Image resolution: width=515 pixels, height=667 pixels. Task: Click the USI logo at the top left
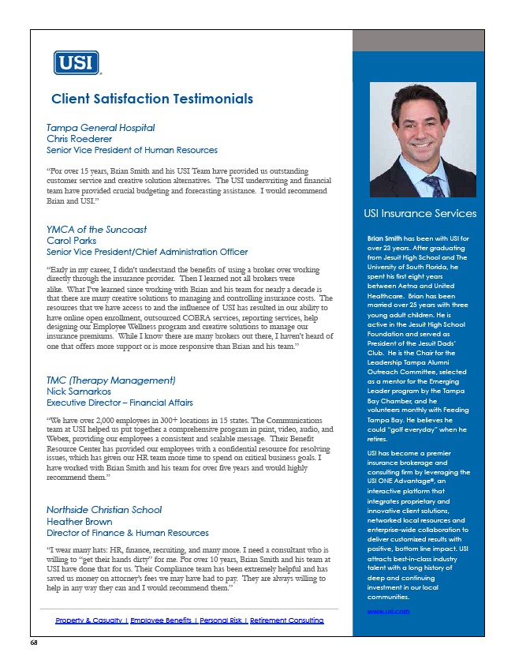76,63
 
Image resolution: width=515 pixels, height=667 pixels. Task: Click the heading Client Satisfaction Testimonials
151,99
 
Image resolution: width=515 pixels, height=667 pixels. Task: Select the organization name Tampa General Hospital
100,127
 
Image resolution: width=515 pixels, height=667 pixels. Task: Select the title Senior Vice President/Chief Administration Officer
147,252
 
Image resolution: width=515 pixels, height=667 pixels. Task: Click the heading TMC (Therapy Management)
110,380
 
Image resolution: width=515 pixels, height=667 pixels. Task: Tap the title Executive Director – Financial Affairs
131,403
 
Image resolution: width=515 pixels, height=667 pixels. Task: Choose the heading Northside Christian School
104,510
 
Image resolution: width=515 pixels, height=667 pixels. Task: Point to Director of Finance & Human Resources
128,533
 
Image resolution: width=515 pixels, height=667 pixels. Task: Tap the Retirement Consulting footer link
286,620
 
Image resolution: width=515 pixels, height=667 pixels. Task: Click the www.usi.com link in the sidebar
388,611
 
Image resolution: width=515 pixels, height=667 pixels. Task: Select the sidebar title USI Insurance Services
420,213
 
